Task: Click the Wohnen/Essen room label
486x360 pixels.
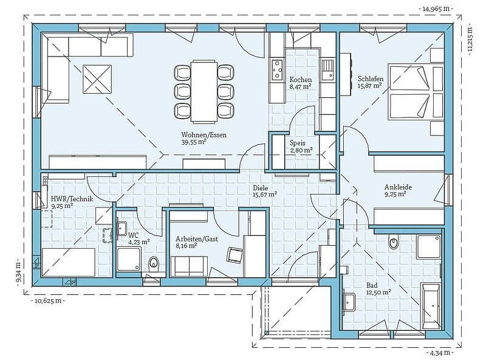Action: click(x=204, y=135)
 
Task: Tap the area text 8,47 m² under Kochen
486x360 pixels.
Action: click(x=300, y=86)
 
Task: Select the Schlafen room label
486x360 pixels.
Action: click(x=371, y=79)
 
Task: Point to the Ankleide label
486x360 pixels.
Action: click(x=398, y=187)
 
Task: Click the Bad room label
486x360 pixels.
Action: click(x=372, y=285)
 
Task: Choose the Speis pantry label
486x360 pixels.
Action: click(x=298, y=143)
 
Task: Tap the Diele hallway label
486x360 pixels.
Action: click(x=261, y=188)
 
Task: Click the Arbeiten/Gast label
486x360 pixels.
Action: click(x=197, y=239)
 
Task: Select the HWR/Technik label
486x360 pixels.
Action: click(x=72, y=199)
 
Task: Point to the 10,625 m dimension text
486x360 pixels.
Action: click(x=48, y=300)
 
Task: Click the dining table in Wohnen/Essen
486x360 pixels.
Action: click(x=204, y=91)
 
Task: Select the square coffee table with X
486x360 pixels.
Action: click(x=97, y=79)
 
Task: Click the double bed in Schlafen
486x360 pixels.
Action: click(x=409, y=92)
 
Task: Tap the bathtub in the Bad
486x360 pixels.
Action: click(x=431, y=306)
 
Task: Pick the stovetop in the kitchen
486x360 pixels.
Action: click(x=277, y=69)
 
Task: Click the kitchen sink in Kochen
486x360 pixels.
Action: click(x=327, y=69)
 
